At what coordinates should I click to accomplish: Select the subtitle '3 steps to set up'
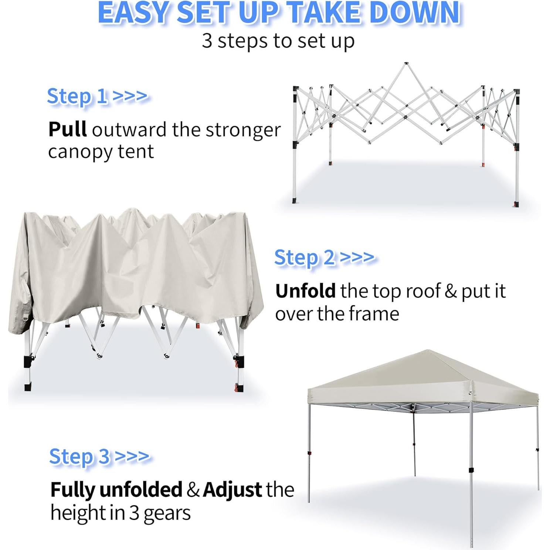278,41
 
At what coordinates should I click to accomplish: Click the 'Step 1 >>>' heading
97,96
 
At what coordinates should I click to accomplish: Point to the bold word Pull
68,129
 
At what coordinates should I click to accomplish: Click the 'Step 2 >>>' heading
324,257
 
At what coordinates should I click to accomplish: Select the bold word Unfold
305,291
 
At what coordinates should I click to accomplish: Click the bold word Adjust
232,490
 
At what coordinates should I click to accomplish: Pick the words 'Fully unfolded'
116,490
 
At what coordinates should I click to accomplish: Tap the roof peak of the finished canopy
428,351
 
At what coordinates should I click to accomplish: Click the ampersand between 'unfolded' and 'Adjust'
192,490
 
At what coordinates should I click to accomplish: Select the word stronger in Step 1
243,130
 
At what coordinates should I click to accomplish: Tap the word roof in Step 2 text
423,291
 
